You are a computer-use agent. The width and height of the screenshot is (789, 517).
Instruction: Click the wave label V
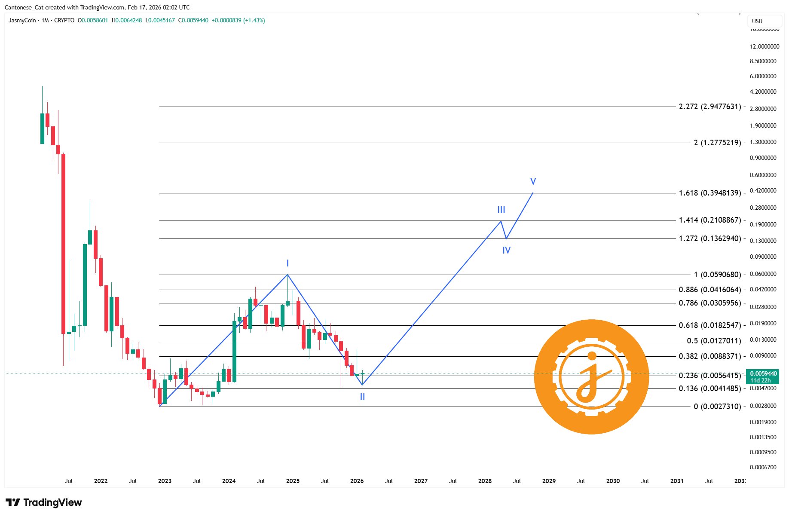pyautogui.click(x=533, y=181)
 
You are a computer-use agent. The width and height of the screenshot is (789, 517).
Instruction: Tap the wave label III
pyautogui.click(x=501, y=210)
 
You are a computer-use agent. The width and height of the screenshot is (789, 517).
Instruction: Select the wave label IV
pyautogui.click(x=506, y=250)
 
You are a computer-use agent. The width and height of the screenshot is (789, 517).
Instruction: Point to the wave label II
pyautogui.click(x=362, y=397)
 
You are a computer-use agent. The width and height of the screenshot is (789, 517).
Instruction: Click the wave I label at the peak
pyautogui.click(x=287, y=263)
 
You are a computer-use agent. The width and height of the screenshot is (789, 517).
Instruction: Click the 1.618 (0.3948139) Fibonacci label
pyautogui.click(x=709, y=193)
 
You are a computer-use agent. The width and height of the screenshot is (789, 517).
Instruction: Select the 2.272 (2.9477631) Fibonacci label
pyautogui.click(x=709, y=107)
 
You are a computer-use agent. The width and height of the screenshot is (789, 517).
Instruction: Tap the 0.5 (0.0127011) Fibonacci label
pyautogui.click(x=713, y=341)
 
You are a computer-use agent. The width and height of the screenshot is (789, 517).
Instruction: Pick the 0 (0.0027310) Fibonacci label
pyautogui.click(x=717, y=407)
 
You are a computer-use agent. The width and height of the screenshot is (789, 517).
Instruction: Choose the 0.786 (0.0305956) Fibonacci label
pyautogui.click(x=709, y=303)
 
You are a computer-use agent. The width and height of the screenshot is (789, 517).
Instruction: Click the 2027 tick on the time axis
pyautogui.click(x=421, y=481)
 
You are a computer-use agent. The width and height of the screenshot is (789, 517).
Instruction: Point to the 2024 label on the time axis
pyautogui.click(x=229, y=481)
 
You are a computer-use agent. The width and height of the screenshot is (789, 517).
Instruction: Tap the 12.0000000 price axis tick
pyautogui.click(x=765, y=46)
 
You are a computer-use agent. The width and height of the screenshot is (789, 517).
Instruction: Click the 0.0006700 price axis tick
pyautogui.click(x=763, y=467)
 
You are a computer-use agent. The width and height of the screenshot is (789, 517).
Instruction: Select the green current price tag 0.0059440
pyautogui.click(x=763, y=374)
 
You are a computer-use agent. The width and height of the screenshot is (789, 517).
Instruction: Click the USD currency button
pyautogui.click(x=757, y=21)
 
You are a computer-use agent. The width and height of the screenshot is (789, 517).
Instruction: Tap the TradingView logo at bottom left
pyautogui.click(x=43, y=502)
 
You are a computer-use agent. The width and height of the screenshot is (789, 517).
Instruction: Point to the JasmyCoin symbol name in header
pyautogui.click(x=22, y=20)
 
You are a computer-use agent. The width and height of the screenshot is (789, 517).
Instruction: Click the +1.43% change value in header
pyautogui.click(x=254, y=20)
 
